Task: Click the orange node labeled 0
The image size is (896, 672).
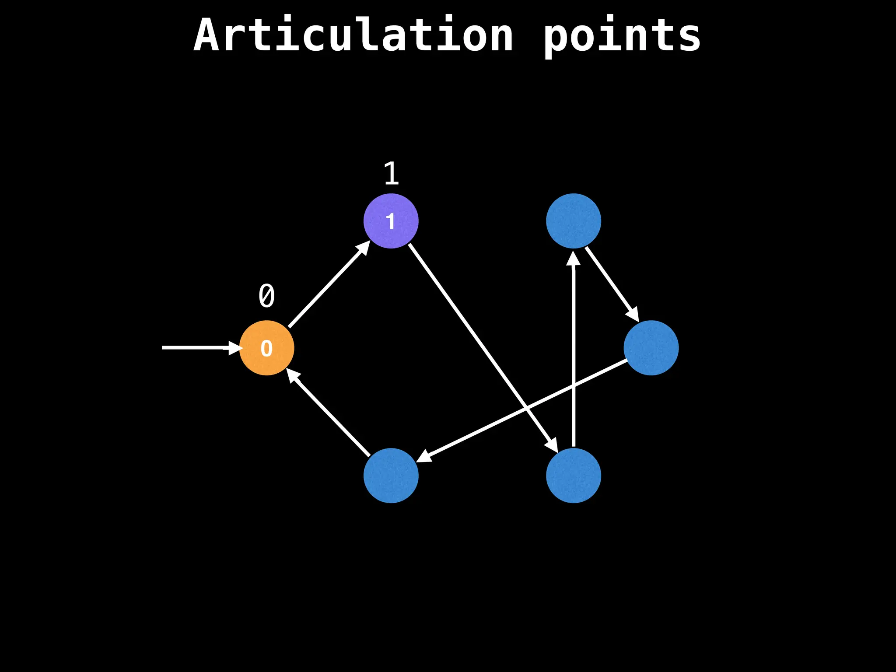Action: coord(266,348)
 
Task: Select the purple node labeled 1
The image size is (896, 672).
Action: coord(391,221)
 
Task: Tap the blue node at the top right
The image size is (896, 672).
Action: coord(573,221)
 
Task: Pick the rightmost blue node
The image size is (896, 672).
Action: coord(651,348)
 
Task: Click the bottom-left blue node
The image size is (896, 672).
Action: coord(391,476)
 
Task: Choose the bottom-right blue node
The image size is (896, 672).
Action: coord(573,476)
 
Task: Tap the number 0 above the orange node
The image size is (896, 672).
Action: coord(266,296)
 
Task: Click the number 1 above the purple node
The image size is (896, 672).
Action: coord(391,174)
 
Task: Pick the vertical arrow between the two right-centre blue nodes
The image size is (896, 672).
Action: coord(573,350)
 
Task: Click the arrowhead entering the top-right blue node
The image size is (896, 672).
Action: coord(573,258)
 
